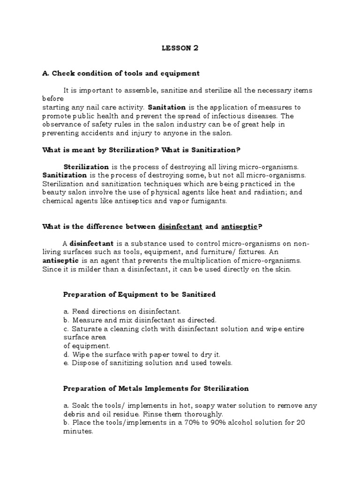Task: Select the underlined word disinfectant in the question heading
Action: pyautogui.click(x=180, y=226)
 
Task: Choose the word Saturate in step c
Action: pyautogui.click(x=86, y=329)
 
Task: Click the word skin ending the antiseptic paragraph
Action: pyautogui.click(x=284, y=269)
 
